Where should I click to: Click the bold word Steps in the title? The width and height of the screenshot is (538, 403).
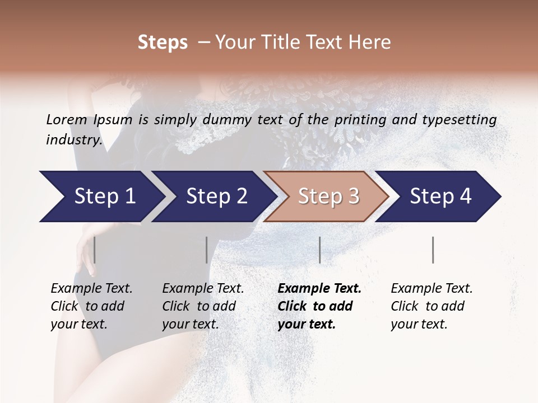point(163,43)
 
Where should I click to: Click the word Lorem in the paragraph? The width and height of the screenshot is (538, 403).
point(66,119)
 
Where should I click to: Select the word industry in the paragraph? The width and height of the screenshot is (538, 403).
point(72,140)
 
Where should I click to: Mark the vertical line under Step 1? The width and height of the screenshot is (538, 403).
point(95,250)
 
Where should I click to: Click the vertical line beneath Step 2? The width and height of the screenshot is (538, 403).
point(207,250)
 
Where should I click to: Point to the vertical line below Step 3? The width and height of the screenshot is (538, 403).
point(320,250)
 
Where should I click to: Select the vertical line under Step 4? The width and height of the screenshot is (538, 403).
point(433,250)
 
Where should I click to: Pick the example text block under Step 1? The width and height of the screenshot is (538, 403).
point(91,306)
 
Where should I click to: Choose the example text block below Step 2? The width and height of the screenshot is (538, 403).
point(203,306)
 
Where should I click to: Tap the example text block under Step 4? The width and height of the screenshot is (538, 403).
point(432,306)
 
